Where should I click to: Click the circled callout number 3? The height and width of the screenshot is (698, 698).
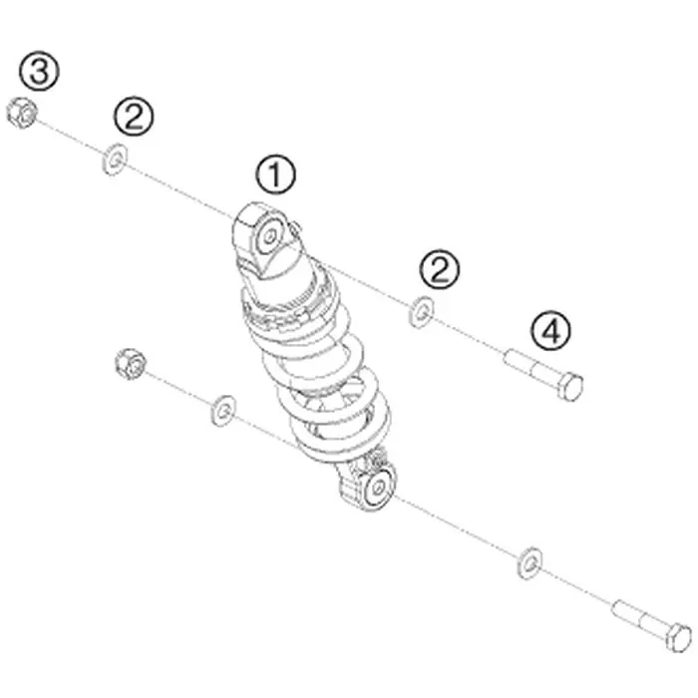point(39,71)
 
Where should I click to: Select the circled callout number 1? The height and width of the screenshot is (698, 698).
point(275,174)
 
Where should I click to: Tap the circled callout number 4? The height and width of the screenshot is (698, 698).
point(550,331)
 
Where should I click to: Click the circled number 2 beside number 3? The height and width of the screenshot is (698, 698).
point(134,117)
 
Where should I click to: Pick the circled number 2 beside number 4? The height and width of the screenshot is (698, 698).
point(439,269)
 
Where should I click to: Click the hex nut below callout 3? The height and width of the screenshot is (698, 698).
point(22,113)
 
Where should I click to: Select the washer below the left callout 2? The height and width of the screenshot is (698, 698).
point(115,159)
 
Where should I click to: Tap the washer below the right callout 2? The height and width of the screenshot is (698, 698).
point(421,312)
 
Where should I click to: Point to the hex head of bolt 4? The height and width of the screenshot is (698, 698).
point(569,387)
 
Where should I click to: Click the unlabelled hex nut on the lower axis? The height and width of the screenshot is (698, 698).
point(131,364)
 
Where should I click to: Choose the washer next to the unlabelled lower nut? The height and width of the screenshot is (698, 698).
point(223,411)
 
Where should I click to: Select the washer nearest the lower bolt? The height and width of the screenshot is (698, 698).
point(529,563)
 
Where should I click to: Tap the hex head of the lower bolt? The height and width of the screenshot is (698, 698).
point(679,637)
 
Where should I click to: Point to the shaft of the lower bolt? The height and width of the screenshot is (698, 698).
point(640,616)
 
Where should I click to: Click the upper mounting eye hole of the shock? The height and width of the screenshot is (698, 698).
point(269,236)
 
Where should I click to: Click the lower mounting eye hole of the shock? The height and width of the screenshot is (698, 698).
point(378,488)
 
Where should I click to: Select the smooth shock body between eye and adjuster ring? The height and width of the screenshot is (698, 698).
point(285,271)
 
